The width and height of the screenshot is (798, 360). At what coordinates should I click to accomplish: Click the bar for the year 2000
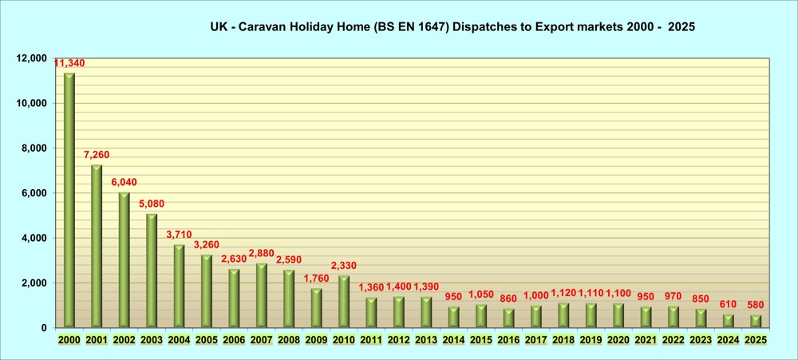pyautogui.click(x=69, y=200)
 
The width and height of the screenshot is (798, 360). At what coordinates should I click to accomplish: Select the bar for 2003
pyautogui.click(x=152, y=271)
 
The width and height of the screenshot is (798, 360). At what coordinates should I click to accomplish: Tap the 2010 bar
pyautogui.click(x=344, y=301)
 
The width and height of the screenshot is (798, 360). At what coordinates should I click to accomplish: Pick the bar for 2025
pyautogui.click(x=756, y=321)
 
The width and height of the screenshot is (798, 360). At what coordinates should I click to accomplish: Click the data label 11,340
pyautogui.click(x=69, y=63)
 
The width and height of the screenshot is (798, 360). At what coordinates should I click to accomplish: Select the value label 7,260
pyautogui.click(x=97, y=155)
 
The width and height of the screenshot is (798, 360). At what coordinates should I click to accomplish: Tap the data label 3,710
pyautogui.click(x=179, y=235)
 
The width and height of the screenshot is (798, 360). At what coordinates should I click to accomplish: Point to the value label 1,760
pyautogui.click(x=317, y=279)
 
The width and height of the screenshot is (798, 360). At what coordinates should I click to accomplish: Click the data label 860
pyautogui.click(x=508, y=299)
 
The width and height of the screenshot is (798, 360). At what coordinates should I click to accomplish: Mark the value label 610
pyautogui.click(x=728, y=304)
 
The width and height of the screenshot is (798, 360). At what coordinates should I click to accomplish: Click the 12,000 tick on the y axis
pyautogui.click(x=33, y=58)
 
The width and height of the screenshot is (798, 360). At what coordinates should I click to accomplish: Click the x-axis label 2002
pyautogui.click(x=124, y=340)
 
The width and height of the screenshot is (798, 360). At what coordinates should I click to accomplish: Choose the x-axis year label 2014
pyautogui.click(x=453, y=340)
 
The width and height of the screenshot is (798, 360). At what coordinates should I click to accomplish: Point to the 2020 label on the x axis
pyautogui.click(x=618, y=340)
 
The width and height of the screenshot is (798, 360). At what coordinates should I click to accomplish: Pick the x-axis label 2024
pyautogui.click(x=728, y=340)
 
